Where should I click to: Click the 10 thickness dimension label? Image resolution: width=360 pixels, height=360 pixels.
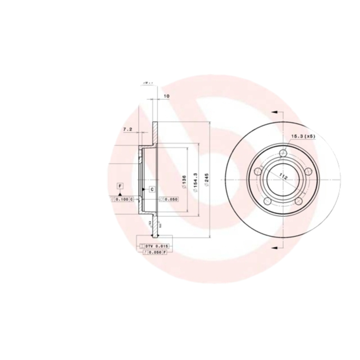(166, 96)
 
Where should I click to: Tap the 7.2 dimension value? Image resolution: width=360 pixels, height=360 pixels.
(127, 130)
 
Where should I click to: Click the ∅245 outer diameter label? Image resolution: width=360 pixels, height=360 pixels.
(206, 180)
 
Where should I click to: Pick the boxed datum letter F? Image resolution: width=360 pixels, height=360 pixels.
(120, 186)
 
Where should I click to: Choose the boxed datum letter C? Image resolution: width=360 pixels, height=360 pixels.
(152, 189)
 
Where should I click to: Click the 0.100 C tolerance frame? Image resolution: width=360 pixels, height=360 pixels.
(122, 199)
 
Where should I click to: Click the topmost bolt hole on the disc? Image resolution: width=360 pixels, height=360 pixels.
(283, 154)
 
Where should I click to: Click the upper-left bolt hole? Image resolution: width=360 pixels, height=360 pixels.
(258, 171)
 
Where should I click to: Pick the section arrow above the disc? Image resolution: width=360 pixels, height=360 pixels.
(274, 112)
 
